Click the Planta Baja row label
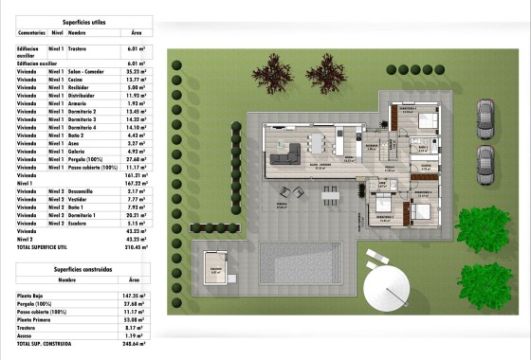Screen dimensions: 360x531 [34, 297]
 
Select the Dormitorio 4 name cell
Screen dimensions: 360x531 [83, 127]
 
